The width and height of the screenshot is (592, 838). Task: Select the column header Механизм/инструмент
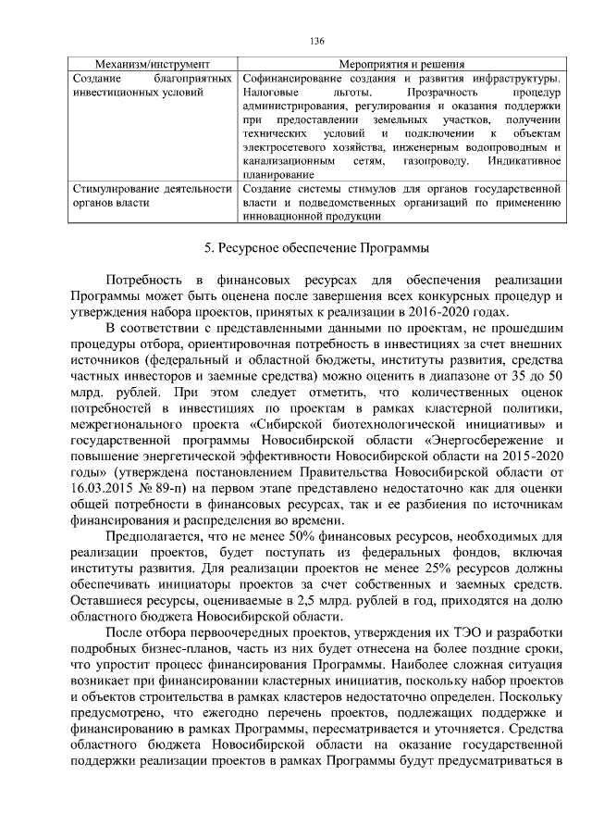(153, 65)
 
